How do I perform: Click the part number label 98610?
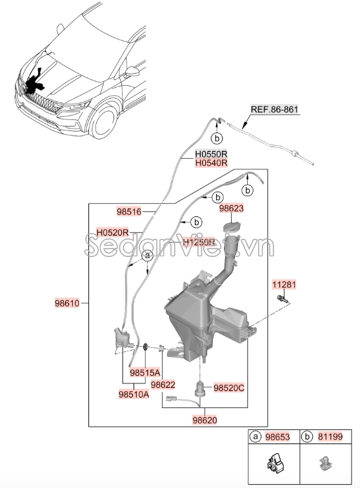coord(66,303)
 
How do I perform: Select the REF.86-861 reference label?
coord(274,110)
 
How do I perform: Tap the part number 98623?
coord(231,209)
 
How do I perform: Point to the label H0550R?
coord(212,155)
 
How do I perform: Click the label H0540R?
coord(212,164)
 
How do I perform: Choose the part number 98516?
coord(128,211)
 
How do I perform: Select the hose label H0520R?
coord(113,232)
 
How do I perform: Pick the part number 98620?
coord(204,420)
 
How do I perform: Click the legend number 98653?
coord(279,437)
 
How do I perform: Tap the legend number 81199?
coord(335,437)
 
